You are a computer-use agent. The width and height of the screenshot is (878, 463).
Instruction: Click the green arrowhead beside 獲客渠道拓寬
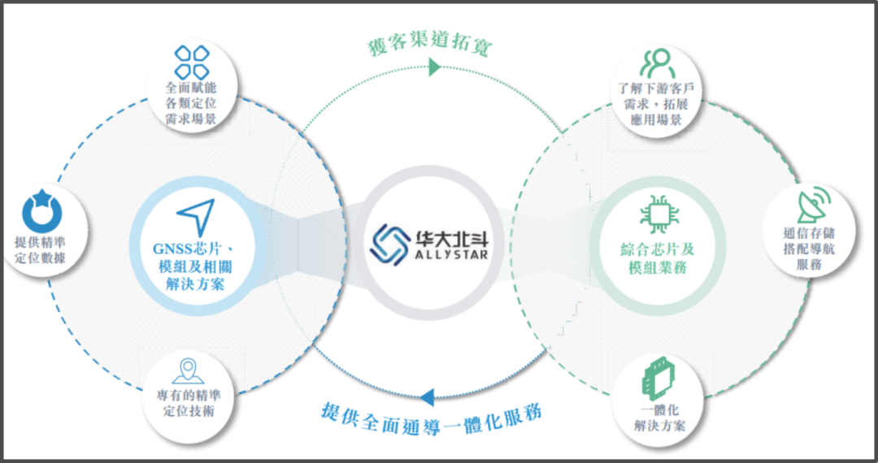434,69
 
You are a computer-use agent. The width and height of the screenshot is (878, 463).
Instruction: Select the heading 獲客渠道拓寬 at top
427,45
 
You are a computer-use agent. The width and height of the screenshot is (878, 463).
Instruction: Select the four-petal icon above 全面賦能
192,63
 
